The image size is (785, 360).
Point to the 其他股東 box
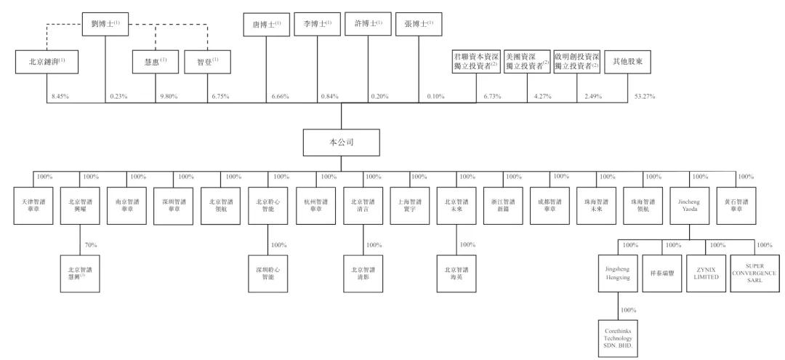(x=627, y=63)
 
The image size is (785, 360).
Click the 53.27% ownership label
(x=644, y=97)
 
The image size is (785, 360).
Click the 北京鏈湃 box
(x=47, y=63)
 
